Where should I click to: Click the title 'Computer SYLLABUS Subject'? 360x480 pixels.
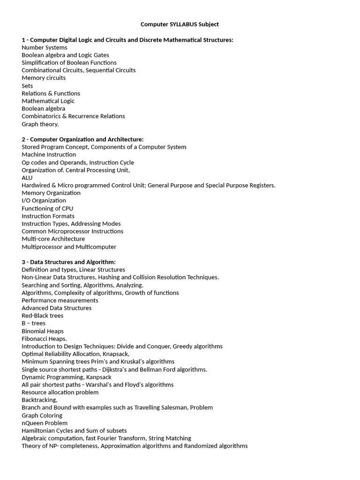click(x=180, y=24)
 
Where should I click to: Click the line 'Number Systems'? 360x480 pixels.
click(x=45, y=47)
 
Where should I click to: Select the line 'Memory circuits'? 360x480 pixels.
click(x=44, y=78)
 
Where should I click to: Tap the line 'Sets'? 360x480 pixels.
click(x=27, y=86)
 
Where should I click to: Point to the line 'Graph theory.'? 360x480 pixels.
click(x=40, y=124)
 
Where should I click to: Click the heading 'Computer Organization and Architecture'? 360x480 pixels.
click(x=87, y=139)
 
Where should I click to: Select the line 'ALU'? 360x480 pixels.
click(x=27, y=178)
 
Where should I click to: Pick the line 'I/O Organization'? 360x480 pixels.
click(x=44, y=201)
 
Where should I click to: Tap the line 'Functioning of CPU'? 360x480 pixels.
click(x=47, y=208)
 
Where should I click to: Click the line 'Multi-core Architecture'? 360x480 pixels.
click(x=53, y=239)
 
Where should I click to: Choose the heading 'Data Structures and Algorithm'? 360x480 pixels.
click(x=73, y=262)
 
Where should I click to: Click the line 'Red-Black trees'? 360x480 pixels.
click(x=43, y=315)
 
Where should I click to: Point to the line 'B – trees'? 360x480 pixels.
click(x=34, y=323)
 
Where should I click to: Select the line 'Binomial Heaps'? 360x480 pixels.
click(x=43, y=331)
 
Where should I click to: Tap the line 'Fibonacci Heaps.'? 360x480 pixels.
click(x=45, y=338)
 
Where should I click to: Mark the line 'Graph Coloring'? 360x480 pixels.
click(x=42, y=415)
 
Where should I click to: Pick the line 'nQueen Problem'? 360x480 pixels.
click(x=45, y=423)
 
